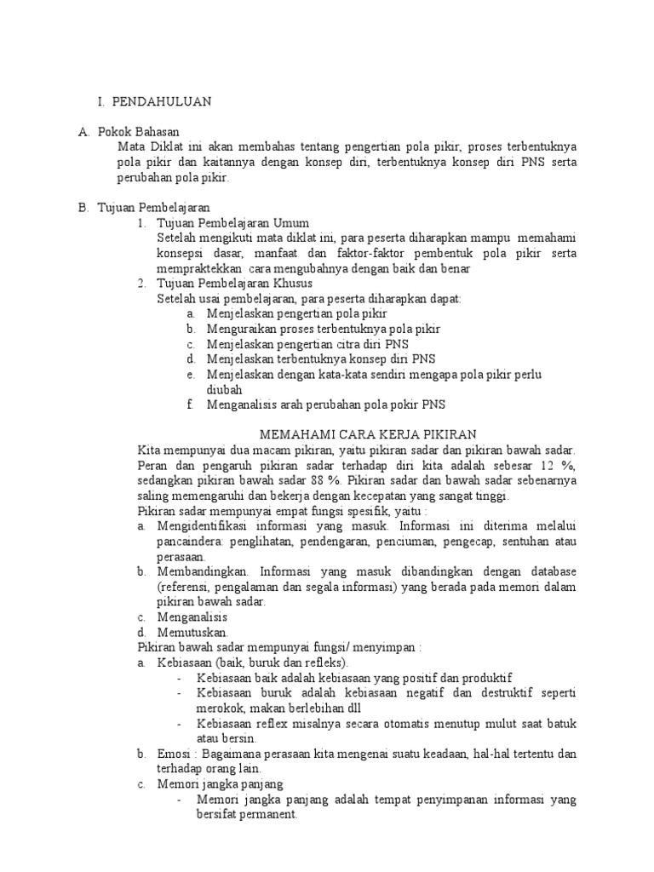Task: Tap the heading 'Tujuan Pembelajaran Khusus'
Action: [234, 283]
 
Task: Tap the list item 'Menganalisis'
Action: [193, 617]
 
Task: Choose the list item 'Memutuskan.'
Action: [192, 633]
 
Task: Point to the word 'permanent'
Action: [266, 814]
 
